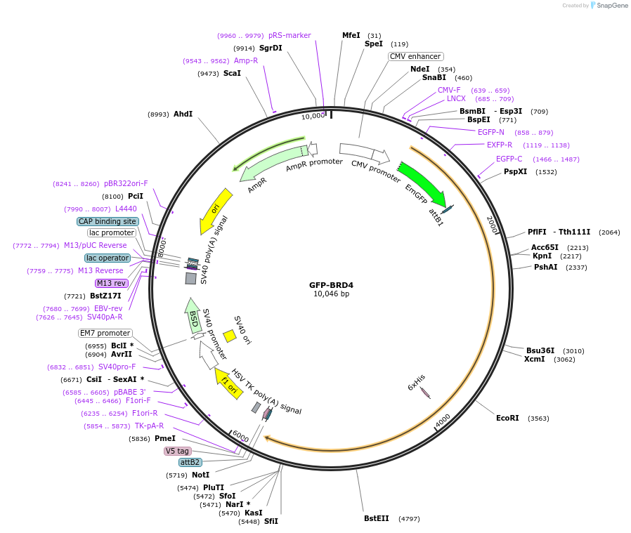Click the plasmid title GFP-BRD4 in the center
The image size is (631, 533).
pyautogui.click(x=331, y=285)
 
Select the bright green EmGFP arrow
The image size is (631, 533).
pyautogui.click(x=422, y=182)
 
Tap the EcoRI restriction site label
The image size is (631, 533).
pyautogui.click(x=507, y=418)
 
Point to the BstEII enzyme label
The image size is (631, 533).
pyautogui.click(x=376, y=518)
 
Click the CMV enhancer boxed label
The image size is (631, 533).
pyautogui.click(x=415, y=56)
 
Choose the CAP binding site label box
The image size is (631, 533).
pyautogui.click(x=108, y=221)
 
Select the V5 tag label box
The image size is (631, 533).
pyautogui.click(x=177, y=451)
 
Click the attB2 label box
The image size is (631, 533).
pyautogui.click(x=190, y=462)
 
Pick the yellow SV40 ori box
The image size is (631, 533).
pyautogui.click(x=229, y=336)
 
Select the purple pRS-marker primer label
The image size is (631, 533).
pyautogui.click(x=290, y=35)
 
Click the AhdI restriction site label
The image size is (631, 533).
pyautogui.click(x=183, y=114)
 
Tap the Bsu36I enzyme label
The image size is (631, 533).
pyautogui.click(x=541, y=350)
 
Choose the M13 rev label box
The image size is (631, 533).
pyautogui.click(x=112, y=283)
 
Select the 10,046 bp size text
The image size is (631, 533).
pyautogui.click(x=331, y=294)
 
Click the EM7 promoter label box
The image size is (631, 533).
pyautogui.click(x=105, y=333)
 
